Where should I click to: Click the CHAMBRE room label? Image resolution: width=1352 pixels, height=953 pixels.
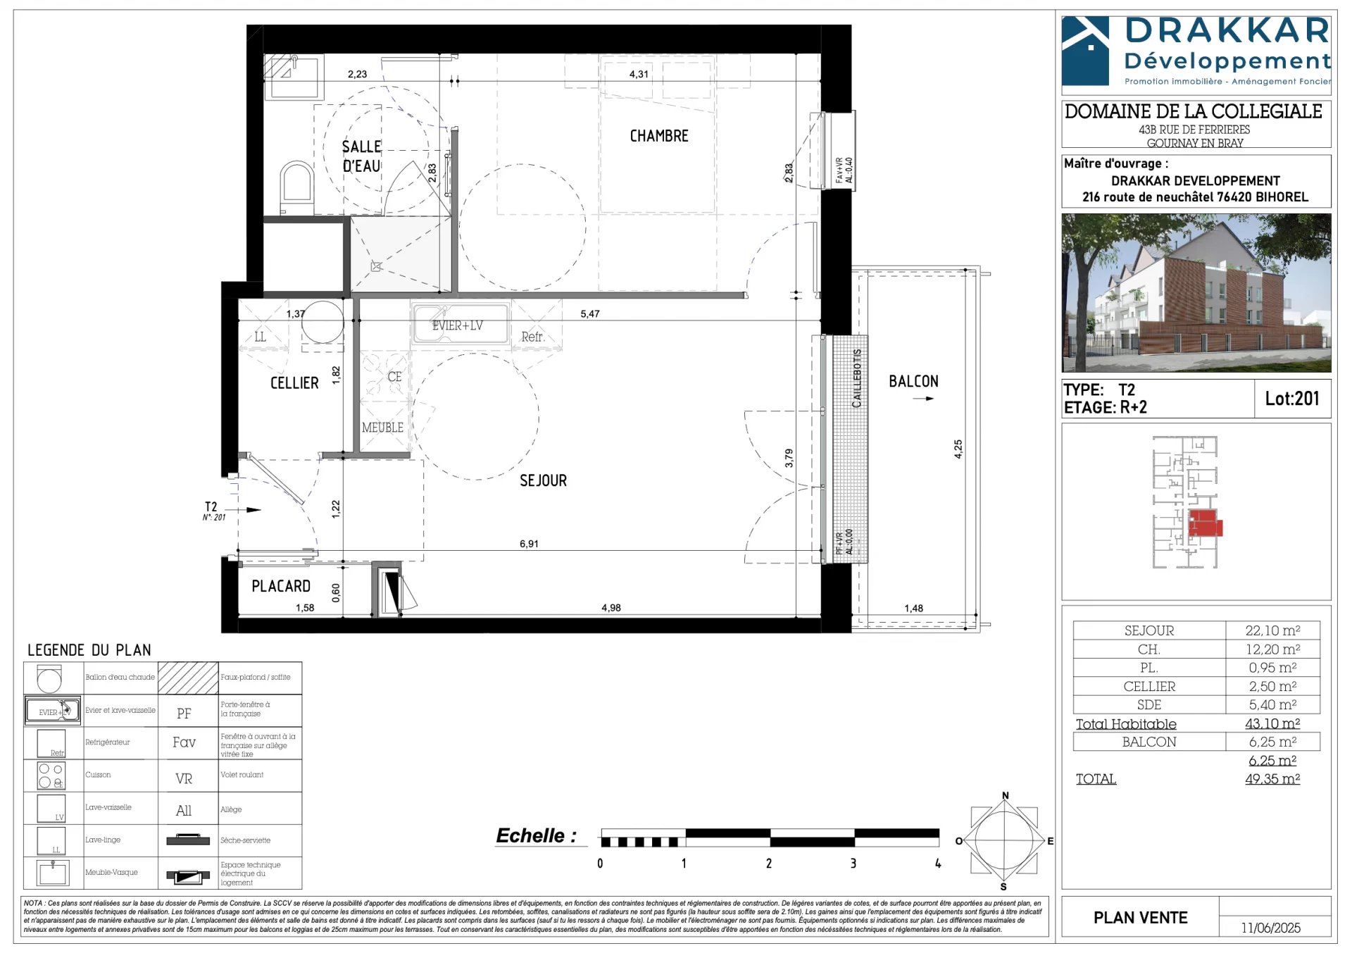pyautogui.click(x=658, y=136)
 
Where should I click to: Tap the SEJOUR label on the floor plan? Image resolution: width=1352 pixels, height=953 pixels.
pyautogui.click(x=543, y=481)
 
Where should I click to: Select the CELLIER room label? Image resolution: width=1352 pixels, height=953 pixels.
pyautogui.click(x=294, y=383)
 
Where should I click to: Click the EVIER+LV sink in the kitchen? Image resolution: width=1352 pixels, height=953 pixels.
pyautogui.click(x=459, y=325)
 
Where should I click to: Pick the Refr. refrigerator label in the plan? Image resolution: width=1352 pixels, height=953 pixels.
pyautogui.click(x=533, y=337)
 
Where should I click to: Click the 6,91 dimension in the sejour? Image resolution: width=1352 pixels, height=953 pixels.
pyautogui.click(x=529, y=544)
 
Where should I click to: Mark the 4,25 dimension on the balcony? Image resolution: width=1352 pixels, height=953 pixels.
pyautogui.click(x=958, y=449)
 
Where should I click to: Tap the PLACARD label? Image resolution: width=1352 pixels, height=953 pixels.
pyautogui.click(x=281, y=586)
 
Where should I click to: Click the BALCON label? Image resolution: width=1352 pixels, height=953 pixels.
pyautogui.click(x=913, y=382)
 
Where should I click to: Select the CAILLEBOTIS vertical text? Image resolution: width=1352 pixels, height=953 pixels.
pyautogui.click(x=857, y=378)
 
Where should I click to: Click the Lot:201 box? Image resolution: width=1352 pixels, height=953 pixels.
pyautogui.click(x=1291, y=399)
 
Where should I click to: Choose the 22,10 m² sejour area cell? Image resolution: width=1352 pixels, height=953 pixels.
pyautogui.click(x=1272, y=630)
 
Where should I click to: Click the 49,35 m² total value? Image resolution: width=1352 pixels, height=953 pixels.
pyautogui.click(x=1272, y=779)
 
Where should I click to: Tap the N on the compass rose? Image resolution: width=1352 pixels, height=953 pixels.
pyautogui.click(x=1005, y=796)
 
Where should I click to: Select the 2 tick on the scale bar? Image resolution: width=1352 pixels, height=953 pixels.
pyautogui.click(x=768, y=864)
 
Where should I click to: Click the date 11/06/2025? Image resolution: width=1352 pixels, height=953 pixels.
pyautogui.click(x=1270, y=928)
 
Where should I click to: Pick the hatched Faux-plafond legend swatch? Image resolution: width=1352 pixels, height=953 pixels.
pyautogui.click(x=188, y=678)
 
